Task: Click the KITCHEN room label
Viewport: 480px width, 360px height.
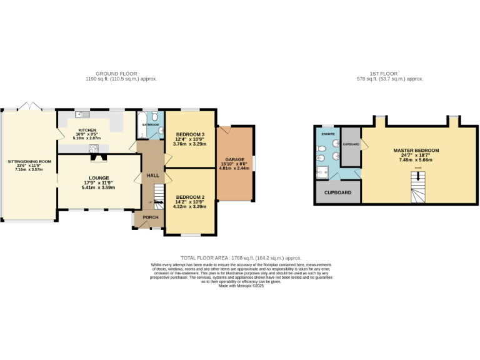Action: (69, 131)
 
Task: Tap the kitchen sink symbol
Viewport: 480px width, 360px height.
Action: (79, 114)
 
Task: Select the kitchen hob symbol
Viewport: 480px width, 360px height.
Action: (94, 148)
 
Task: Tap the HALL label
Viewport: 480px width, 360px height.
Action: (152, 176)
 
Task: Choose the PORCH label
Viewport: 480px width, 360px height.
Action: (150, 217)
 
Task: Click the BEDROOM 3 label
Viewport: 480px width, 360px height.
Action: (190, 134)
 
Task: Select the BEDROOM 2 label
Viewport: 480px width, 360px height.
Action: (190, 197)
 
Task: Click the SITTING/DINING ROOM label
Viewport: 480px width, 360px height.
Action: (29, 161)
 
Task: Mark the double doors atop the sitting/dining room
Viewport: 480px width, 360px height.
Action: (27, 106)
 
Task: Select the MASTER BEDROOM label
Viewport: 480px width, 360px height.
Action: (416, 151)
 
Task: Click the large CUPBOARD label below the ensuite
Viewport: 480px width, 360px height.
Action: (337, 192)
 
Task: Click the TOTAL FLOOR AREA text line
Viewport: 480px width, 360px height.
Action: (241, 257)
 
